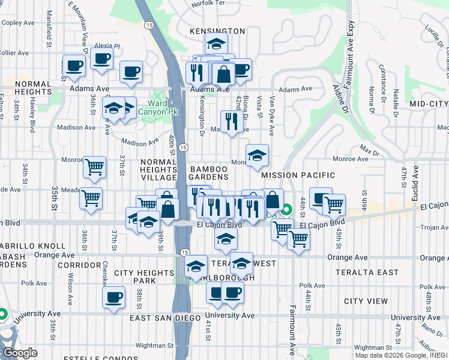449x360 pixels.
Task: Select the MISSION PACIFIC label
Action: (293, 175)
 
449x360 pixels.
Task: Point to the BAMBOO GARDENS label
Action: (209, 173)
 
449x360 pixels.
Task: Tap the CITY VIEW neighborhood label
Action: (366, 300)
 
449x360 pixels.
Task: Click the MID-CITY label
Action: (429, 104)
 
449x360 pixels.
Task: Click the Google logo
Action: (20, 353)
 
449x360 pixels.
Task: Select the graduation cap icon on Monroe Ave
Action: (257, 155)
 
